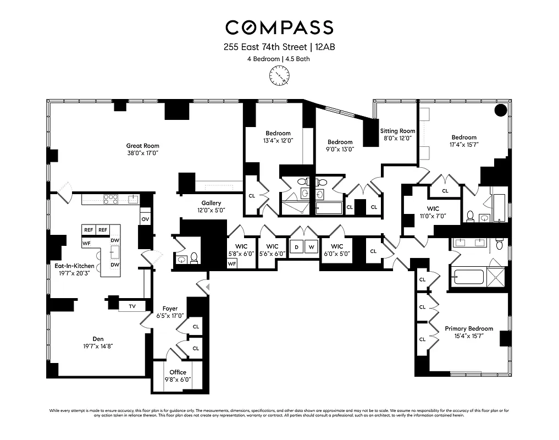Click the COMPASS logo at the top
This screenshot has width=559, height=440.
click(x=279, y=27)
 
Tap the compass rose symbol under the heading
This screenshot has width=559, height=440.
click(x=279, y=75)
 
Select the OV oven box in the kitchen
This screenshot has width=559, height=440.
click(x=146, y=219)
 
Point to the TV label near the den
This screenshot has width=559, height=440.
click(x=132, y=306)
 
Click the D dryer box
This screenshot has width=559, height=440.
click(x=297, y=247)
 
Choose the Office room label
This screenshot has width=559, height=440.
click(x=178, y=372)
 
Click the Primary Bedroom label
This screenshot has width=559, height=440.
click(x=468, y=328)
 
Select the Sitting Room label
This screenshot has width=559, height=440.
click(x=397, y=131)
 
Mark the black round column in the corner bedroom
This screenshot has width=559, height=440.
click(x=501, y=110)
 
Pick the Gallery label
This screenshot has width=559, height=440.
click(x=211, y=203)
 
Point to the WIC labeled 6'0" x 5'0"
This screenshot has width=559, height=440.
click(x=337, y=246)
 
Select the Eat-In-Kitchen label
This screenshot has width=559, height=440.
click(x=74, y=266)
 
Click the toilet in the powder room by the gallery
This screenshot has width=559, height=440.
click(x=193, y=257)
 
